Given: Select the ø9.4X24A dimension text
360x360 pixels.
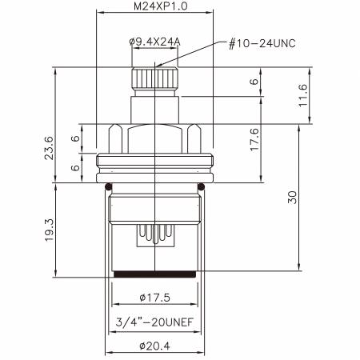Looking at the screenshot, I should click(154, 42).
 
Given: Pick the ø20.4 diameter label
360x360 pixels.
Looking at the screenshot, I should click(154, 347).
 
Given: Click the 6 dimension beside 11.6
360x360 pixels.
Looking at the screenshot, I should click(254, 82).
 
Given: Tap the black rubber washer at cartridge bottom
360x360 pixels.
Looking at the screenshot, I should click(154, 276).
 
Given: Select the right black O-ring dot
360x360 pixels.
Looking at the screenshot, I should click(202, 187).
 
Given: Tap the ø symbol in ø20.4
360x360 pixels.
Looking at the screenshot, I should click(141, 347).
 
